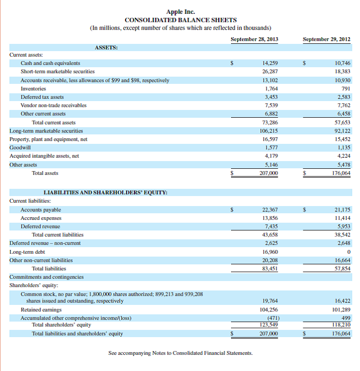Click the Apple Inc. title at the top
(x=180, y=12)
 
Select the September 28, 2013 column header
(x=254, y=39)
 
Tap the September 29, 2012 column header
(x=327, y=39)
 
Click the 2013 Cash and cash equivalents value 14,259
(x=270, y=63)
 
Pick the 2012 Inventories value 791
(x=346, y=88)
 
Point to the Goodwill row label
(x=20, y=148)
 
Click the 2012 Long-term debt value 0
(x=348, y=252)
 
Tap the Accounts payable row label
(x=41, y=210)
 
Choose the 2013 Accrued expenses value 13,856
(x=269, y=218)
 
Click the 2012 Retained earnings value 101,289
(x=340, y=309)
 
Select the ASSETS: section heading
(x=106, y=48)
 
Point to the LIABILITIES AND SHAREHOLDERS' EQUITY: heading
(x=106, y=192)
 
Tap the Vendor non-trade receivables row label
(x=53, y=105)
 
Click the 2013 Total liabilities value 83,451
(x=269, y=268)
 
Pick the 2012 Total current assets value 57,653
(x=342, y=122)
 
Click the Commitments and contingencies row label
(x=47, y=277)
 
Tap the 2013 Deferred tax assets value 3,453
(x=271, y=97)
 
